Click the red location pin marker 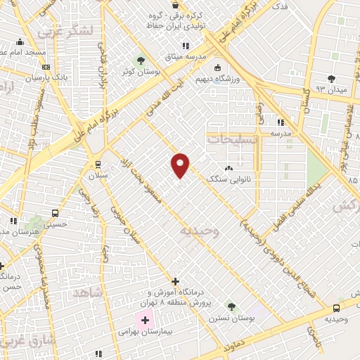pyautogui.click(x=180, y=164)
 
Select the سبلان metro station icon pyautogui.click(x=98, y=164)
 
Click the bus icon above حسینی pyautogui.click(x=55, y=213)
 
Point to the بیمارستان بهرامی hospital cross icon pyautogui.click(x=146, y=321)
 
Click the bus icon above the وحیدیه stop pyautogui.click(x=336, y=307)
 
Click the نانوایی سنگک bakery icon pyautogui.click(x=228, y=168)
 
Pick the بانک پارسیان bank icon pyautogui.click(x=46, y=67)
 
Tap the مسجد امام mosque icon pyautogui.click(x=20, y=41)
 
